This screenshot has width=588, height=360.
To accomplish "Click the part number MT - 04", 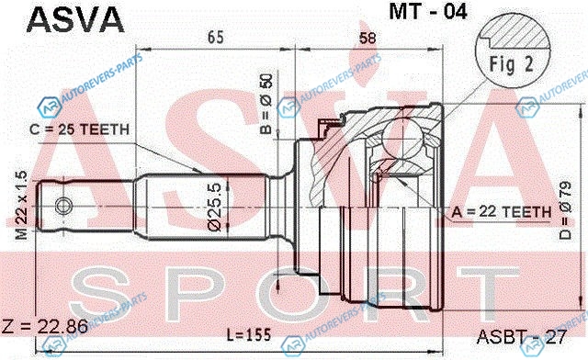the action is tap(428, 12).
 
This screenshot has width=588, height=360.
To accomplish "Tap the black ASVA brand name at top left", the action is tap(75, 19).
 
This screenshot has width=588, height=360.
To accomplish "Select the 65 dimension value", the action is tap(216, 38).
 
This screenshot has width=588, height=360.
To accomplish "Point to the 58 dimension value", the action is tap(367, 39).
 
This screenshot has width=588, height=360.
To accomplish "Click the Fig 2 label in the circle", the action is tap(512, 64).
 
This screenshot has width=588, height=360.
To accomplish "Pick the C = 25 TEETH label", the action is tap(80, 129).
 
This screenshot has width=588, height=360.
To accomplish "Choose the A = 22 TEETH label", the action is tap(502, 212).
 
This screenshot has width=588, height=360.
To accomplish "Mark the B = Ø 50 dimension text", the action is tap(266, 104).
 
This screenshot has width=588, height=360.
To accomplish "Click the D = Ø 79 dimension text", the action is tap(565, 210).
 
